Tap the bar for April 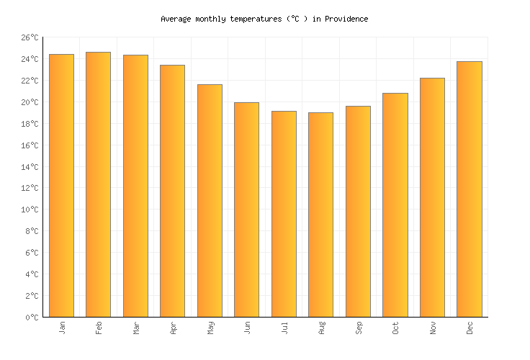point(172,191)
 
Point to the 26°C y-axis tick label point(30,37)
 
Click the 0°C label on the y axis point(32,318)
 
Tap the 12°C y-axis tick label point(30,189)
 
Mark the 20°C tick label point(30,102)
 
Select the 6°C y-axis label point(32,253)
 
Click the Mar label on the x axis point(136,328)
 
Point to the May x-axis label point(210,328)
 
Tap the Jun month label point(247,328)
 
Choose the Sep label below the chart point(359,328)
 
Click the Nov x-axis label point(433,328)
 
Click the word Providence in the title point(346,19)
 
